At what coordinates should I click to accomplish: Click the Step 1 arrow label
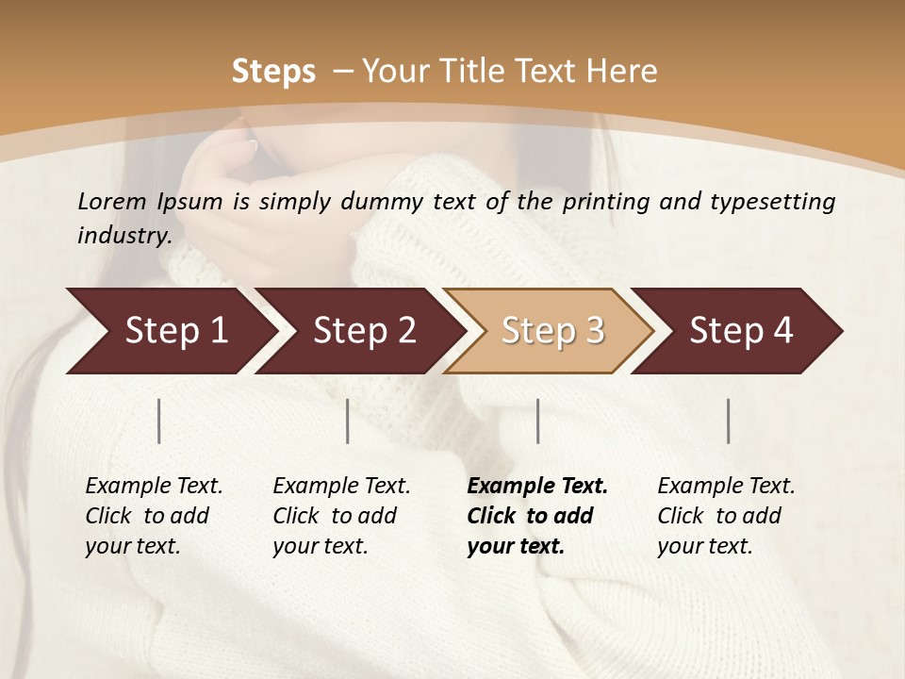tap(176, 330)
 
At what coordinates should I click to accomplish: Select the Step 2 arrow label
tap(364, 330)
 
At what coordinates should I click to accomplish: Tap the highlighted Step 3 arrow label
tap(552, 330)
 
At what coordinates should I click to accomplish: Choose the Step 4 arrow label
tap(741, 330)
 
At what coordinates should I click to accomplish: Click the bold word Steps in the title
tap(273, 71)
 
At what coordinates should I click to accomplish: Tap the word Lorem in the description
tap(111, 202)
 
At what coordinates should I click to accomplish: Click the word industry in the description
tap(124, 236)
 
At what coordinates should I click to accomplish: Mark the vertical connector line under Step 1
tap(159, 421)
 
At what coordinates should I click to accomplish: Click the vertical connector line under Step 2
tap(348, 421)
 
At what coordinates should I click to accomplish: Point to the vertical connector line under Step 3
tap(537, 421)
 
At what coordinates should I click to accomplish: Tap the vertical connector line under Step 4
tap(728, 421)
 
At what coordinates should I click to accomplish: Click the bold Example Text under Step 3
tap(537, 486)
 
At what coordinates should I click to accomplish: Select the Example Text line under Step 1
tap(154, 486)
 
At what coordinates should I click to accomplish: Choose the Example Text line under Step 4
tap(726, 486)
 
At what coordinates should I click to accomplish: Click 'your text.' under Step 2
tap(320, 546)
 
